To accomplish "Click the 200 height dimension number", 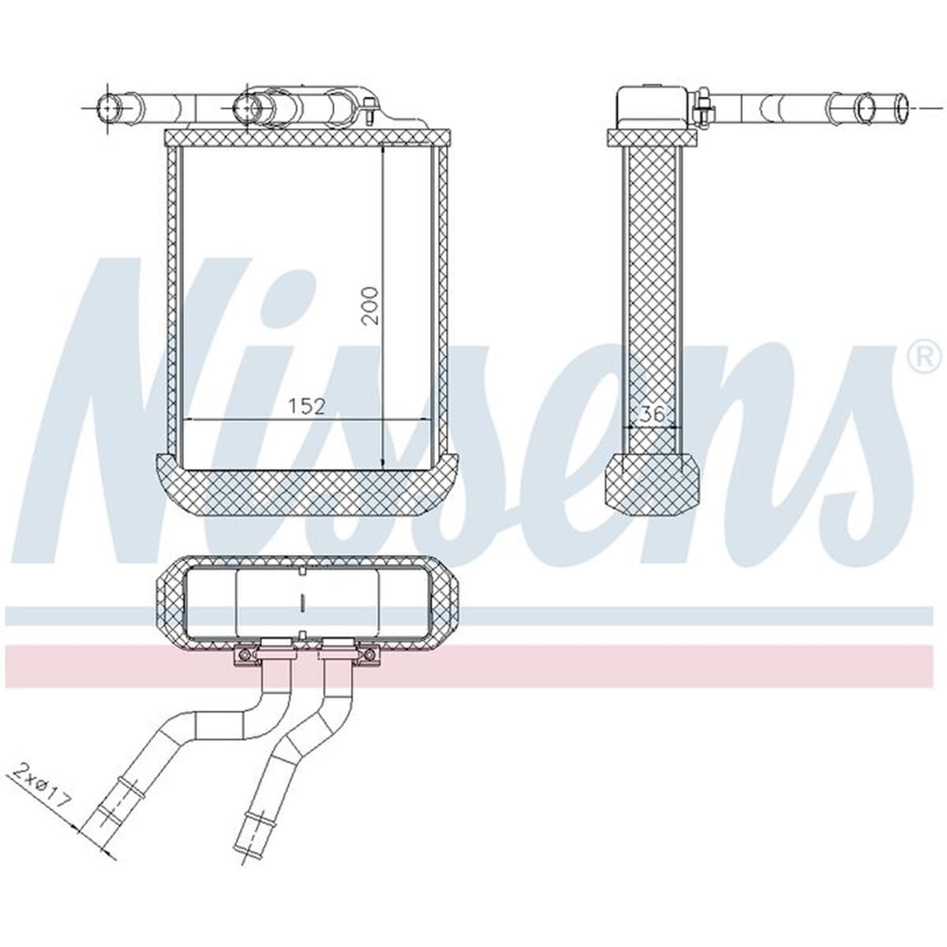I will [371, 305].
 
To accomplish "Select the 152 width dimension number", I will [305, 406].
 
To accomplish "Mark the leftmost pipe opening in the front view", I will [107, 107].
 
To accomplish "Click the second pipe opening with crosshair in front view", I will [247, 107].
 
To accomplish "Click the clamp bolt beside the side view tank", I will [702, 108].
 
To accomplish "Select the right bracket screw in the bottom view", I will [366, 655].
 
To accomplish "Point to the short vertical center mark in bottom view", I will [303, 604].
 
